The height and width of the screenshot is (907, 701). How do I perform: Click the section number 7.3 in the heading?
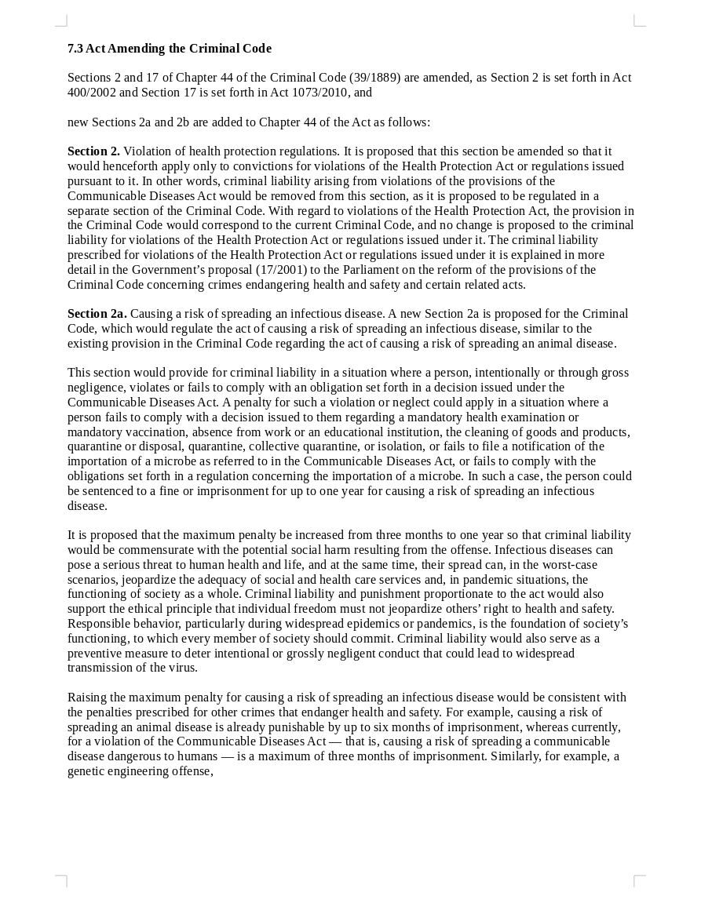(75, 49)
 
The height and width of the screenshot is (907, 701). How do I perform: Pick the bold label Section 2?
(93, 151)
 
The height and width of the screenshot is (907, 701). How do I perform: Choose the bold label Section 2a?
(97, 314)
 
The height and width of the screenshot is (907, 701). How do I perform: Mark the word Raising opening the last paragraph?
(88, 698)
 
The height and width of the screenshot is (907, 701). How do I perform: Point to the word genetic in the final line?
(86, 771)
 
